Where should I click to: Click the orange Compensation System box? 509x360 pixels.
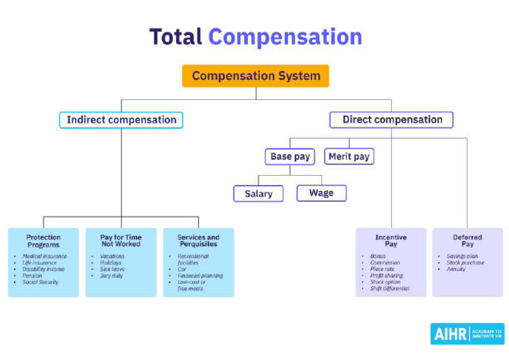click(x=255, y=76)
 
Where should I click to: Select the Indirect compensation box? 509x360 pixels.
click(x=121, y=120)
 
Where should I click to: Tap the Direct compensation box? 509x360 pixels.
click(x=392, y=120)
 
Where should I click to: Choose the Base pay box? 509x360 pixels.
click(x=290, y=157)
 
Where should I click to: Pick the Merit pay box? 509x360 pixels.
click(x=349, y=157)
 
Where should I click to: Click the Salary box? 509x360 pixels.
click(x=258, y=194)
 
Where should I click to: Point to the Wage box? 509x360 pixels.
click(x=321, y=193)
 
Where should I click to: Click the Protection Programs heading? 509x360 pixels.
click(x=43, y=241)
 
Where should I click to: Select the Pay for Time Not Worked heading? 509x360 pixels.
click(x=121, y=241)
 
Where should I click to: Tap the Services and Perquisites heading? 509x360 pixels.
click(x=198, y=241)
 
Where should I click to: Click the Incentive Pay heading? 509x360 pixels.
click(x=391, y=241)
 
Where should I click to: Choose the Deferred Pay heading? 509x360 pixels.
click(x=467, y=241)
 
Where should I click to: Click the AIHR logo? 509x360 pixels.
click(x=467, y=333)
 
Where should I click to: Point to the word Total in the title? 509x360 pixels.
click(x=175, y=36)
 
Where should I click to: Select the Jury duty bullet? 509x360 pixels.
click(x=112, y=276)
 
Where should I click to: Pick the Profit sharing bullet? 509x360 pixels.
click(x=386, y=276)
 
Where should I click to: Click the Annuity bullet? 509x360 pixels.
click(x=455, y=269)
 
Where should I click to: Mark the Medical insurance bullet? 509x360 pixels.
click(x=44, y=257)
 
